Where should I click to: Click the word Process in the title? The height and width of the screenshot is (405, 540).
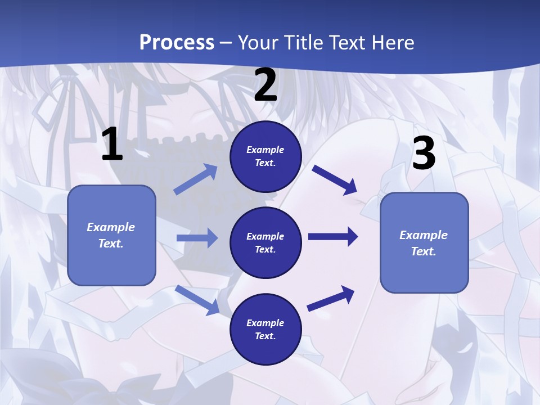pyautogui.click(x=177, y=42)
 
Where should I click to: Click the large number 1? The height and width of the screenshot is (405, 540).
pyautogui.click(x=112, y=145)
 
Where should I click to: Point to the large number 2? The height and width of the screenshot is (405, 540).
pyautogui.click(x=265, y=85)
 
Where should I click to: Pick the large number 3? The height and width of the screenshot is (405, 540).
pyautogui.click(x=424, y=154)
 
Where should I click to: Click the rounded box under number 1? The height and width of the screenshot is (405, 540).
pyautogui.click(x=111, y=235)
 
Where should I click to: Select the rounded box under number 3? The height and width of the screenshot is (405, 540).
pyautogui.click(x=424, y=242)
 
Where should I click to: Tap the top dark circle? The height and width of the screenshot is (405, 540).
pyautogui.click(x=265, y=156)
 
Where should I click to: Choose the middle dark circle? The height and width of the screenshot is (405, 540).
pyautogui.click(x=265, y=242)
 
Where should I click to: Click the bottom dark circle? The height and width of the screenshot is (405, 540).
pyautogui.click(x=265, y=329)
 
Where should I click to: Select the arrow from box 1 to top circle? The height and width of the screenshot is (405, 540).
pyautogui.click(x=195, y=179)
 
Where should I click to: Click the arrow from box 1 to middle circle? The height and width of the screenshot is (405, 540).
pyautogui.click(x=197, y=238)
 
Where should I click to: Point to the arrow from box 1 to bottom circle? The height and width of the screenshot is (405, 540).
pyautogui.click(x=197, y=300)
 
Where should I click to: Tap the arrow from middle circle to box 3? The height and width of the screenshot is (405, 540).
pyautogui.click(x=333, y=237)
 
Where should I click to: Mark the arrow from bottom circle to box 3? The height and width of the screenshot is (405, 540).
pyautogui.click(x=331, y=299)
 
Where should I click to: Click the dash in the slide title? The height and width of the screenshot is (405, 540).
pyautogui.click(x=226, y=43)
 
